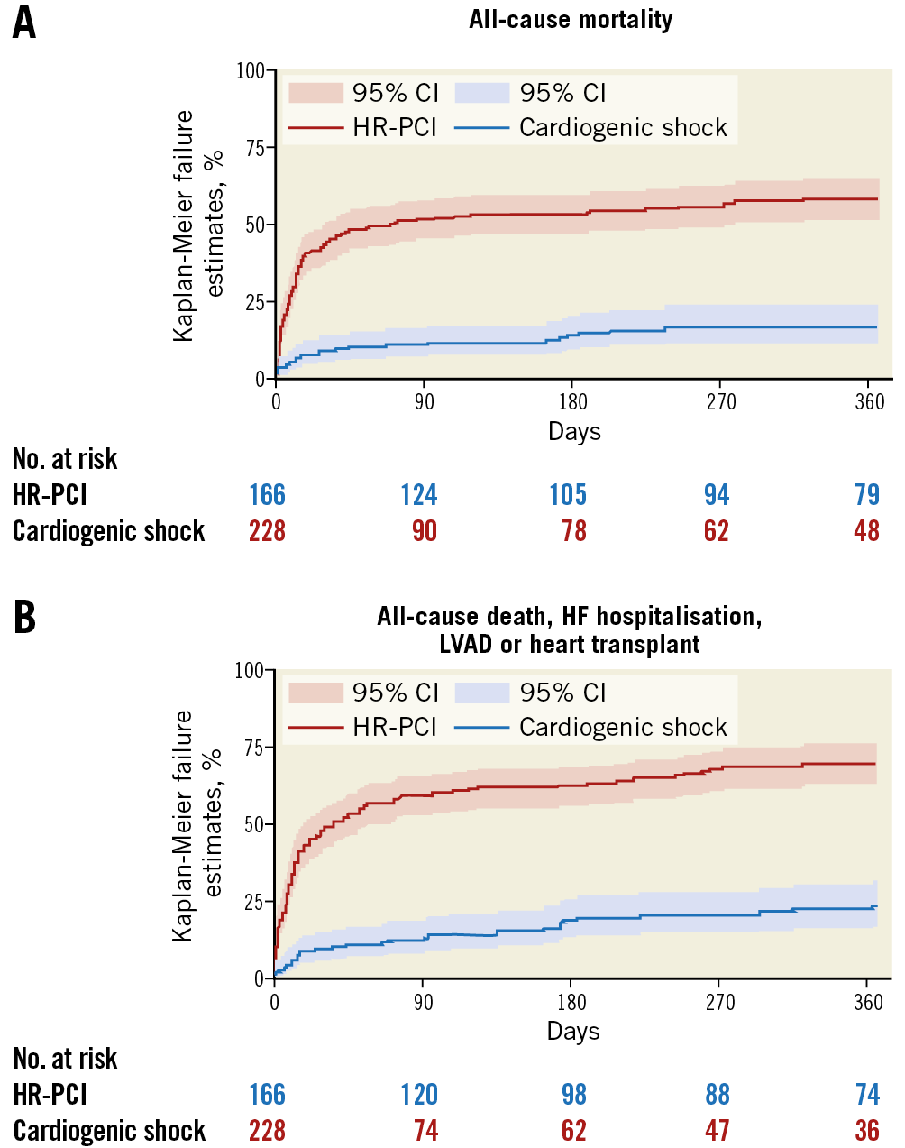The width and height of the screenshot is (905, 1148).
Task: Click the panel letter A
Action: coord(24,23)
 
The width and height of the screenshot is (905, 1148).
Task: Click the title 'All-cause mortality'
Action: coord(571,19)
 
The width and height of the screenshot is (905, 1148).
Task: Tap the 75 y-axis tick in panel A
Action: coord(255,148)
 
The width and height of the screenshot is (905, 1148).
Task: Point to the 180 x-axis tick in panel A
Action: coord(573,401)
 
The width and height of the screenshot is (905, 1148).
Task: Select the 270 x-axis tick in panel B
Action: coord(719,1002)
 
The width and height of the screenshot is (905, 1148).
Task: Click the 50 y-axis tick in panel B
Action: coord(255,824)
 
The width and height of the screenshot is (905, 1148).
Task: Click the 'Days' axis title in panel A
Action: coord(574,431)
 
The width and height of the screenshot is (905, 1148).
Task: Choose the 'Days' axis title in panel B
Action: coord(573,1031)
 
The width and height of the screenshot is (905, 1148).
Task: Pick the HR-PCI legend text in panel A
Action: coord(395,128)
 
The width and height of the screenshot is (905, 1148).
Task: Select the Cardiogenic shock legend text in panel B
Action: coord(623,728)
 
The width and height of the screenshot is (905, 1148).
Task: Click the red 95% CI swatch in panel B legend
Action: coord(315,693)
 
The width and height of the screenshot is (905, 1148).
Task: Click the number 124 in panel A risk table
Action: coord(419,495)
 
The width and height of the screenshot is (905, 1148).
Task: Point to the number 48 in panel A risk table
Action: coord(866,531)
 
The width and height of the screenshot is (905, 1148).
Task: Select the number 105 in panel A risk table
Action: coord(568,495)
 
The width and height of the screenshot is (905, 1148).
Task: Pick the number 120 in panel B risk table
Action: coord(419,1095)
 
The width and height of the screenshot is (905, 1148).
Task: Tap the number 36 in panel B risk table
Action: coord(866,1131)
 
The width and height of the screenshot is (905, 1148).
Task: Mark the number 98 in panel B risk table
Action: coord(573,1095)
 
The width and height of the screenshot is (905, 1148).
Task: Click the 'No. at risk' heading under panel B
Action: coord(65,1059)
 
